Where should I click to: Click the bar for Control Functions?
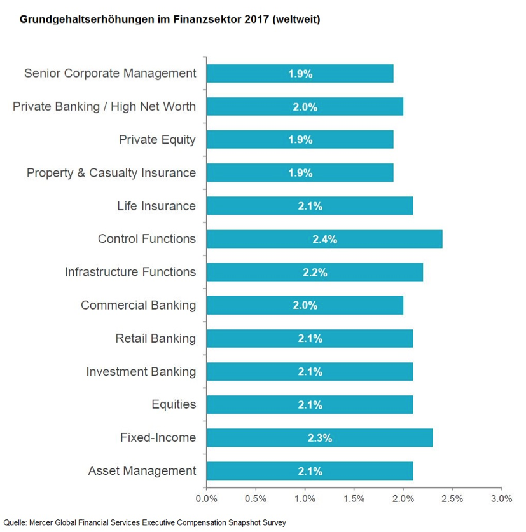(x=324, y=239)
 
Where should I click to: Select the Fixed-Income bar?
(x=319, y=437)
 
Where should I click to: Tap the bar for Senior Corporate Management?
(x=300, y=74)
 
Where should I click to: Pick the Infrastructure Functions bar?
(x=314, y=272)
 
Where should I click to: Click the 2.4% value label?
(x=324, y=240)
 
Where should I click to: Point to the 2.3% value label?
(x=320, y=438)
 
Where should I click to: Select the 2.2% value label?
(x=315, y=273)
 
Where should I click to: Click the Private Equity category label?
(x=157, y=139)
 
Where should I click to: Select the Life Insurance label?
(x=156, y=206)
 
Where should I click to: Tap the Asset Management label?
(x=142, y=470)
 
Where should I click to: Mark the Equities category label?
(x=174, y=404)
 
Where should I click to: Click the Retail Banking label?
(x=155, y=338)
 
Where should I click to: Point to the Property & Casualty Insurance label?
(x=111, y=172)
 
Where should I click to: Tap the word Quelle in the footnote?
(x=13, y=522)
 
